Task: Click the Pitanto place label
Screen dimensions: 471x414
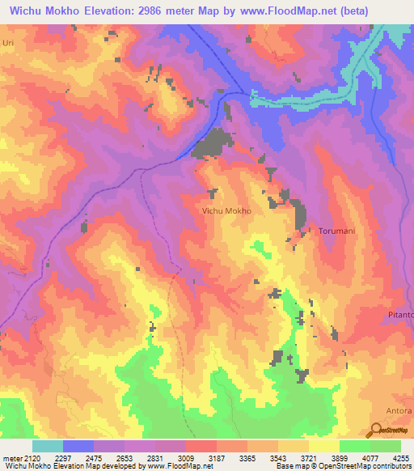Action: coord(399,314)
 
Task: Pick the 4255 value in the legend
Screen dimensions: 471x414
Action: coord(399,458)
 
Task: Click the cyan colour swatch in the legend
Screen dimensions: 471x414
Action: coord(48,446)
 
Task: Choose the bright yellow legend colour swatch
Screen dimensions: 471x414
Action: coord(323,446)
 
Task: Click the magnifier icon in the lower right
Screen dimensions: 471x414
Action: coord(377,430)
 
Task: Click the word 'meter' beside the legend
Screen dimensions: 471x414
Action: coord(12,458)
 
